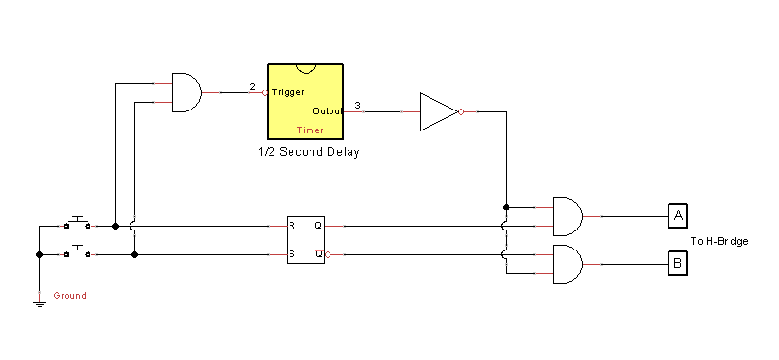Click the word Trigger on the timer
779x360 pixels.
click(288, 92)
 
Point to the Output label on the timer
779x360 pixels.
click(328, 111)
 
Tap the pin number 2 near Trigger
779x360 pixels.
click(252, 87)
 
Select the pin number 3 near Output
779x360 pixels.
click(357, 105)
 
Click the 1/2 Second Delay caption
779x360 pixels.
click(309, 152)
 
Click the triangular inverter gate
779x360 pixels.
click(437, 111)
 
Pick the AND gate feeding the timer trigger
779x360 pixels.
click(185, 92)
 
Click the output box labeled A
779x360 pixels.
click(676, 216)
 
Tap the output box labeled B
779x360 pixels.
click(676, 264)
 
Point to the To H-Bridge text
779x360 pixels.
click(719, 241)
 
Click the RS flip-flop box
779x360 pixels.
click(307, 240)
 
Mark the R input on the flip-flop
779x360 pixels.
click(292, 227)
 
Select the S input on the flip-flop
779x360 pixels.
click(292, 254)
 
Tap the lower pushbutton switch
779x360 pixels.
click(77, 252)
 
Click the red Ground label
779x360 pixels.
click(70, 296)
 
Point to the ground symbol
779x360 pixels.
click(39, 303)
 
